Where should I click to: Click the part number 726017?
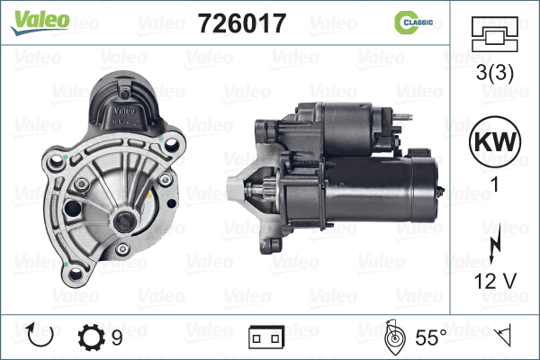click(242, 23)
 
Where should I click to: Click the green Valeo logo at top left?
click(40, 22)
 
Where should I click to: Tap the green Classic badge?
click(413, 22)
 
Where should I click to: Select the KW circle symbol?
click(495, 141)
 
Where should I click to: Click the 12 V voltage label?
click(495, 281)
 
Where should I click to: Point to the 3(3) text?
click(494, 73)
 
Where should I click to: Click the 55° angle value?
click(431, 337)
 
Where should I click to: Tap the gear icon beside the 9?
click(91, 337)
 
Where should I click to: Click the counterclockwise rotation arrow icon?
click(40, 335)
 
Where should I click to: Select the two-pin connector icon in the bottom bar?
click(266, 337)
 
